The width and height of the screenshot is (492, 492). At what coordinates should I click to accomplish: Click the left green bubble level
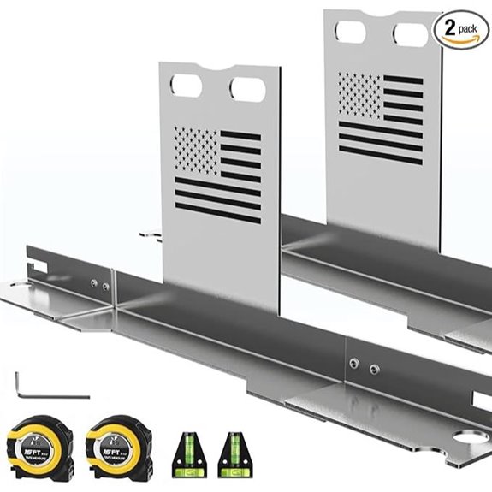(189, 451)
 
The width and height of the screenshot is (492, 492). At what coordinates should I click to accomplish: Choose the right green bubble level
(229, 451)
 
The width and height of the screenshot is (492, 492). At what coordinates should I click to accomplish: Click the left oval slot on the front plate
(183, 86)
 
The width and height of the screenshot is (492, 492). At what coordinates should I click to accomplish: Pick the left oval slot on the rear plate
(350, 33)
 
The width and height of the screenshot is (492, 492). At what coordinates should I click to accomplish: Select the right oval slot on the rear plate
(410, 35)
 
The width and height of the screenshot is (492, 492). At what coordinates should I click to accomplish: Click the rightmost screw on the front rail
(375, 370)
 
